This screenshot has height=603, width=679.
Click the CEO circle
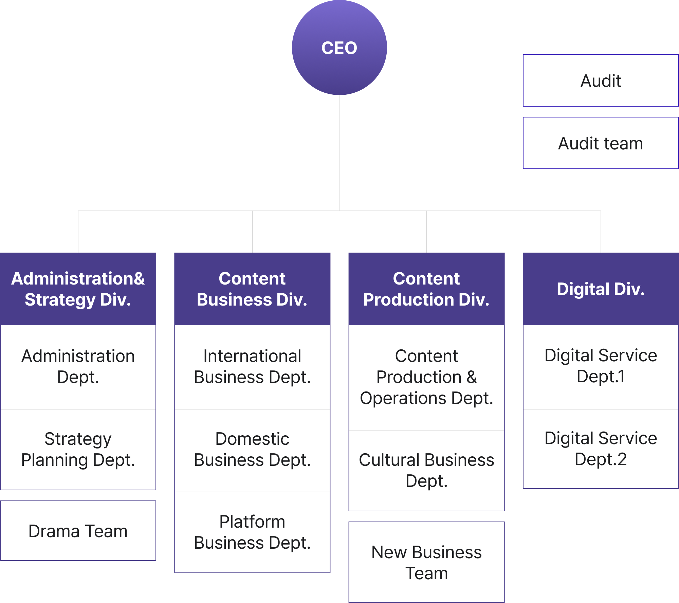(339, 48)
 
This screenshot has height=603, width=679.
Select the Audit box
(601, 81)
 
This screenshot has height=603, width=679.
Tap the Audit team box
(601, 143)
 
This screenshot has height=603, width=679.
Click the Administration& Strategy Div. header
(78, 289)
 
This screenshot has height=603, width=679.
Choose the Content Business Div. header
(252, 289)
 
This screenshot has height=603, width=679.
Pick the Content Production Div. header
(426, 289)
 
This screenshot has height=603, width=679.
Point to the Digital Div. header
(601, 289)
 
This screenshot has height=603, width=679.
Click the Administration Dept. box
(78, 367)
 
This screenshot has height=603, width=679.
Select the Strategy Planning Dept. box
(78, 449)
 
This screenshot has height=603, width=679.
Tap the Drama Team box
(78, 531)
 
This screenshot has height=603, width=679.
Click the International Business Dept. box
(252, 367)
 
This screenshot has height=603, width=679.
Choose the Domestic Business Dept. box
(252, 449)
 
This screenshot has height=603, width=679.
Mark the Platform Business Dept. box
(252, 532)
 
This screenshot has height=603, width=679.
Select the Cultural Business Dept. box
(426, 471)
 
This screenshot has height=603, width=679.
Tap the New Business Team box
(426, 562)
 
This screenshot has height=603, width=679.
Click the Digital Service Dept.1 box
(601, 366)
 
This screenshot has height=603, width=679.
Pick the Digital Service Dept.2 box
(601, 449)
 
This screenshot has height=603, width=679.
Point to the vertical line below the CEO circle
(339, 153)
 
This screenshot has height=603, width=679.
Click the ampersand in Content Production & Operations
(472, 377)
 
